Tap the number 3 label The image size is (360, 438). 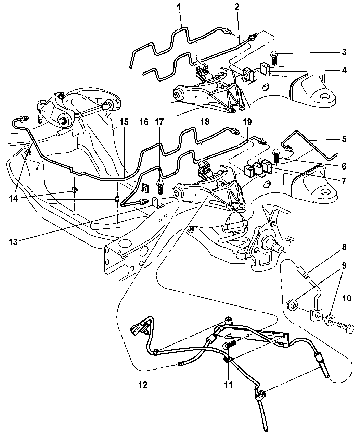(x=344, y=52)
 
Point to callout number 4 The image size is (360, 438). (x=344, y=70)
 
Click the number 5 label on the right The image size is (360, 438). (x=344, y=139)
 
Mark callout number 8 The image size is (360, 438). (x=344, y=247)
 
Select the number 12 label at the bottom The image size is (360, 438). (x=143, y=385)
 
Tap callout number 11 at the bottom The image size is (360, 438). (x=228, y=385)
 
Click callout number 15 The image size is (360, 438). (x=124, y=122)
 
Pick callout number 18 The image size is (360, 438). (x=204, y=122)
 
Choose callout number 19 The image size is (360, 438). (x=247, y=122)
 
